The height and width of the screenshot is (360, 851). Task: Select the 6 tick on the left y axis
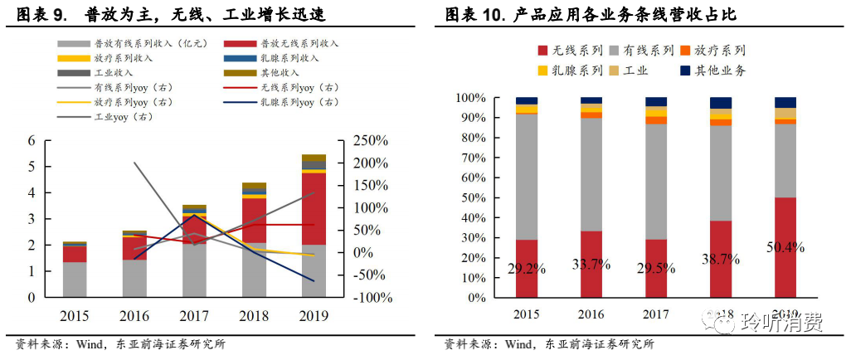point(32,141)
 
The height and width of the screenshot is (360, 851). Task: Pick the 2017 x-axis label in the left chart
point(194,316)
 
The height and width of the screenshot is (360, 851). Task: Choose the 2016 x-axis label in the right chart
point(592,316)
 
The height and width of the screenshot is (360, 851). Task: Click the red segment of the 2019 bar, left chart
point(314,208)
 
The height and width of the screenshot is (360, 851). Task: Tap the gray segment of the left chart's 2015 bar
point(75,280)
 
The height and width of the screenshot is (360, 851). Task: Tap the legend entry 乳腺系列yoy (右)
point(280,102)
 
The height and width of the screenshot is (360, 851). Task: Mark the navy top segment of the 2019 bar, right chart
point(786,102)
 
